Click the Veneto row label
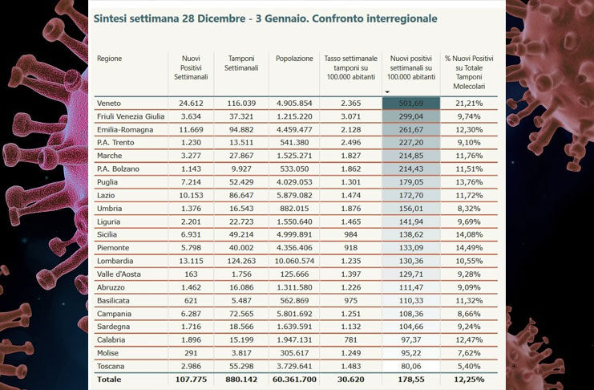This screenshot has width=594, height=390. coord(109,104)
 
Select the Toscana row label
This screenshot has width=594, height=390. coord(111,365)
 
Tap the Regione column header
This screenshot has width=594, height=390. coord(110,59)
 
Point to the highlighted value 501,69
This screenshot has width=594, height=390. coord(412,104)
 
